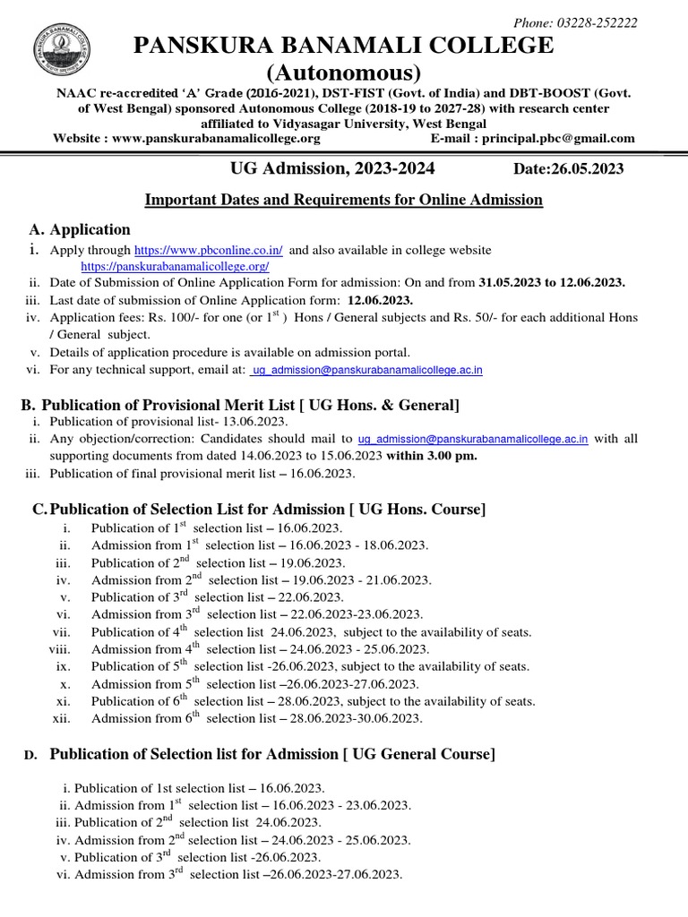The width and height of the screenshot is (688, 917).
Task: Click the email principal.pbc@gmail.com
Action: coord(559,139)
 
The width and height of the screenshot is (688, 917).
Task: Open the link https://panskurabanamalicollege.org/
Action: coord(175,267)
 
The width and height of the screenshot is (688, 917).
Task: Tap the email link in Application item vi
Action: coord(367,370)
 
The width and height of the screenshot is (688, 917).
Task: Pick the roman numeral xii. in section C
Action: coord(62,718)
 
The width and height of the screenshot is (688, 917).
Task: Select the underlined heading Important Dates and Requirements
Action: coord(344,200)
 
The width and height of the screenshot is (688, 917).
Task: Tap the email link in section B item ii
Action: coord(473,439)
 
